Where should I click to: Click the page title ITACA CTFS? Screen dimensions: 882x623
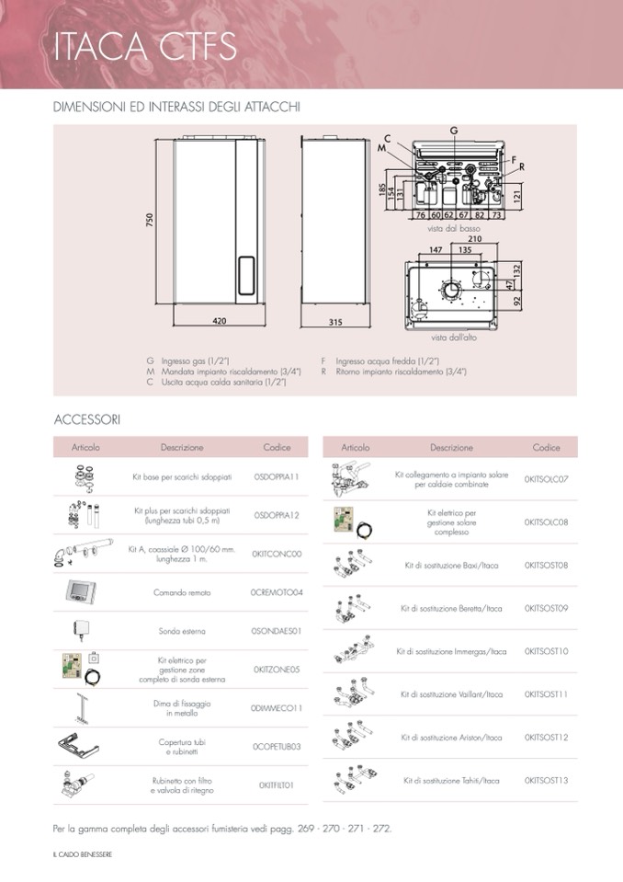pyautogui.click(x=145, y=46)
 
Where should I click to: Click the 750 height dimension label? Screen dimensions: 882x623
pyautogui.click(x=149, y=222)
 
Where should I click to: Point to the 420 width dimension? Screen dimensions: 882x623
pyautogui.click(x=220, y=321)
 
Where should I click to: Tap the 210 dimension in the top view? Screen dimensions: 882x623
pyautogui.click(x=474, y=238)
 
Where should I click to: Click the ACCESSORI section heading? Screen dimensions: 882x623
pyautogui.click(x=87, y=419)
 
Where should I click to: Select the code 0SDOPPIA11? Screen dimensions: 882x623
pyautogui.click(x=276, y=477)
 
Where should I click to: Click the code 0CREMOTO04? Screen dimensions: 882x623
pyautogui.click(x=276, y=592)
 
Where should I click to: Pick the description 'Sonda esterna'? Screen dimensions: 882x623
pyautogui.click(x=182, y=631)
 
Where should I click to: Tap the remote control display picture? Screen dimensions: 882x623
pyautogui.click(x=81, y=591)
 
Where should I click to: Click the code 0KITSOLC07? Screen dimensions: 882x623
pyautogui.click(x=546, y=479)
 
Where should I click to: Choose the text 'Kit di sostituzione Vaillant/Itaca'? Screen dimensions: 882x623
pyautogui.click(x=451, y=694)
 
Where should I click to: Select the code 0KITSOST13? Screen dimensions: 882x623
pyautogui.click(x=546, y=781)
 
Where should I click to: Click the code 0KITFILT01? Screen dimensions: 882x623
pyautogui.click(x=276, y=785)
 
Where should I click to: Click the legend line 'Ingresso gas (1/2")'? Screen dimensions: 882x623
pyautogui.click(x=194, y=361)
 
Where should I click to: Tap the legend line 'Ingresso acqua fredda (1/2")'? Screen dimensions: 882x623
pyautogui.click(x=386, y=361)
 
